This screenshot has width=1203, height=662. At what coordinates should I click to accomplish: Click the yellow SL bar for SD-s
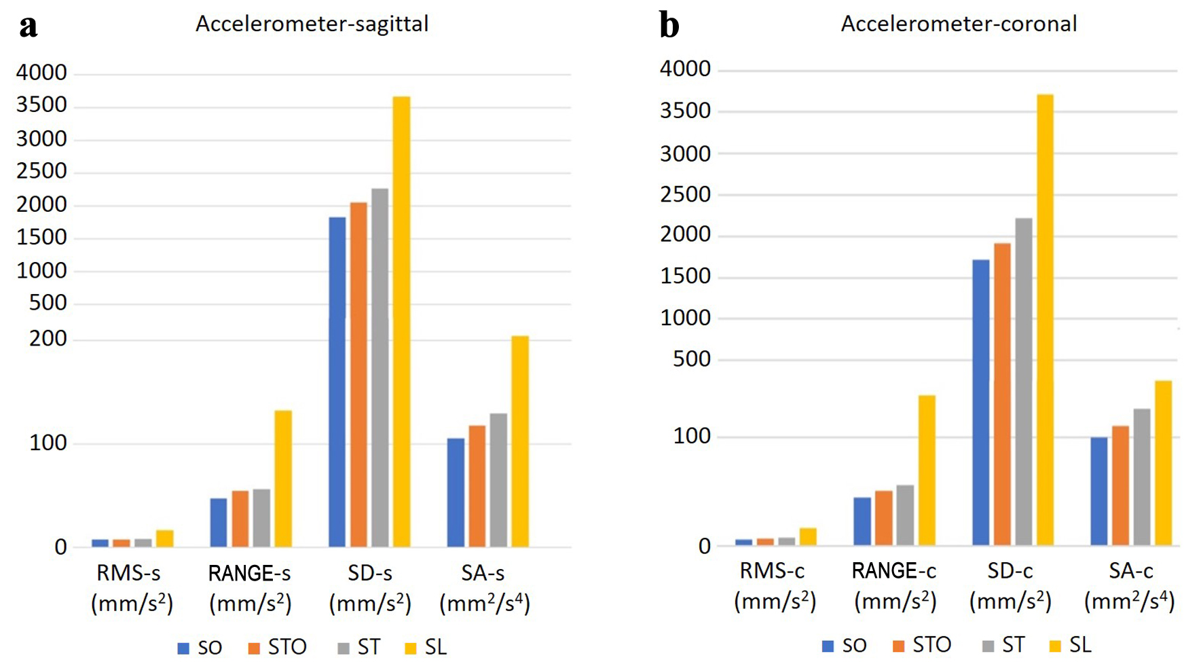401,322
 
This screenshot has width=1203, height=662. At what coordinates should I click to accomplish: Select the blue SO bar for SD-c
981,403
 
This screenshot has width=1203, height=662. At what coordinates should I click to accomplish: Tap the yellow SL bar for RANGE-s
283,479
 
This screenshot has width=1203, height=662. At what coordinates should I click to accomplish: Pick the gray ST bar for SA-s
498,480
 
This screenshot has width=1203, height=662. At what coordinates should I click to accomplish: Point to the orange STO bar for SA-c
1120,485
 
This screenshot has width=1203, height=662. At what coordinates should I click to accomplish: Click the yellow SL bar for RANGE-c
927,471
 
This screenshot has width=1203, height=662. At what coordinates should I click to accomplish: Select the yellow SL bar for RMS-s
165,538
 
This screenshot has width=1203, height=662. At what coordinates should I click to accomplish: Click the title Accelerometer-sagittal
312,24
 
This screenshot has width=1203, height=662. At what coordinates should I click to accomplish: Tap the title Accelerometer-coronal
959,24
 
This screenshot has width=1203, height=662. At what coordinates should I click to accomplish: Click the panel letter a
28,26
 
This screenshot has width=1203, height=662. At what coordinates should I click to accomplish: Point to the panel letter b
669,26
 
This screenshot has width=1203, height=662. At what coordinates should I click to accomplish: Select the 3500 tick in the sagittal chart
41,105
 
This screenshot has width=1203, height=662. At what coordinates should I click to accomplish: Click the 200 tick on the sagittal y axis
48,339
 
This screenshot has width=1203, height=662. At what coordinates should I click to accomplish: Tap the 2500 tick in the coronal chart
685,195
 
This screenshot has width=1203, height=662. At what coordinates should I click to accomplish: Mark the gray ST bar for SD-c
1024,382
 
